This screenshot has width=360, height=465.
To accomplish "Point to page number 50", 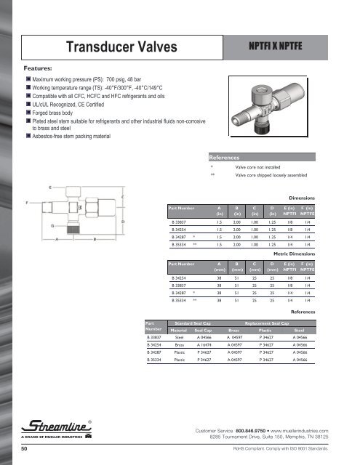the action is (x=24, y=450).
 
